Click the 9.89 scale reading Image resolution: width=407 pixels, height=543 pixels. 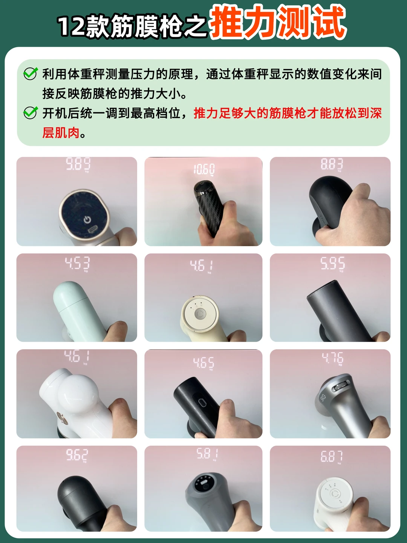coord(78,164)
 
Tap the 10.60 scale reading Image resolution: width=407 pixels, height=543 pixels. coord(204,169)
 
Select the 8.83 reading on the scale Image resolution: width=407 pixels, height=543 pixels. coord(332,164)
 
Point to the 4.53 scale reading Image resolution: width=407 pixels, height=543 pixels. coord(77,263)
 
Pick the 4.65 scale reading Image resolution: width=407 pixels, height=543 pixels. coord(203,363)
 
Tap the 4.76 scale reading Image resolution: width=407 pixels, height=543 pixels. coord(332,358)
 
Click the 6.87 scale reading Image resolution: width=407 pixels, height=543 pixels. coord(332,456)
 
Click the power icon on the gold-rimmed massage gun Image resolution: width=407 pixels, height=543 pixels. coord(87,219)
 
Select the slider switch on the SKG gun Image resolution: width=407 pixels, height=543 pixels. coord(341,386)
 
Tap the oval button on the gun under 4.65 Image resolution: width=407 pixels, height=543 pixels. coord(202,403)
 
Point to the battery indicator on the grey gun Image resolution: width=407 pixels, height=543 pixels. coord(204,483)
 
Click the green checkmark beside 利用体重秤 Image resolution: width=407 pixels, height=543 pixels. coord(31,74)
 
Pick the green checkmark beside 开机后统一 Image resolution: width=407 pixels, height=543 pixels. coord(31,113)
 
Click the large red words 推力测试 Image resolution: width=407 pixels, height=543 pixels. coord(278,22)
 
